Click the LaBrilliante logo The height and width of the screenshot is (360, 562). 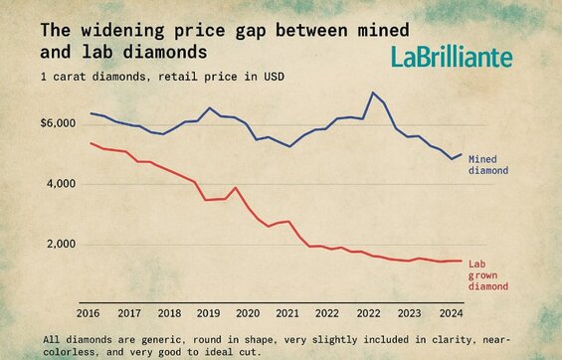point(452,58)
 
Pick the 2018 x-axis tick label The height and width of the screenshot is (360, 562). point(169,312)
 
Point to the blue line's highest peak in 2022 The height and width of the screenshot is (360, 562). point(372,92)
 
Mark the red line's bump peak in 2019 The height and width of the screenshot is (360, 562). point(235,187)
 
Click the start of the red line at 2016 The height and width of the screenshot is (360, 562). point(91,143)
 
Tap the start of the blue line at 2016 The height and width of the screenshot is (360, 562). point(91,113)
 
